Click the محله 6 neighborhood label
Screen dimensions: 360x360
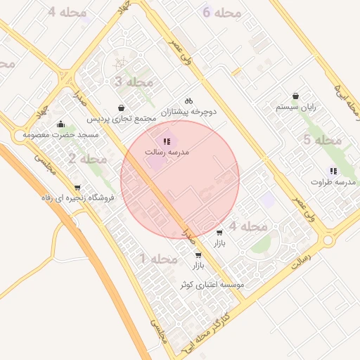(x=222, y=13)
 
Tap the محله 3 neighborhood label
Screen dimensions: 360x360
(x=134, y=82)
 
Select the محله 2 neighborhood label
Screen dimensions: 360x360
(x=88, y=160)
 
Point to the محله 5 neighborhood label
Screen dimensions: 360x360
(x=322, y=140)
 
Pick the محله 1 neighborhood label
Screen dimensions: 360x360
(x=159, y=259)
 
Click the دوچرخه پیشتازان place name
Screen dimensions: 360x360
(x=188, y=111)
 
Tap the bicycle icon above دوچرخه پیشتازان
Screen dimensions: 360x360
(x=188, y=101)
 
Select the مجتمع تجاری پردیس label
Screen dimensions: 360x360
(x=123, y=119)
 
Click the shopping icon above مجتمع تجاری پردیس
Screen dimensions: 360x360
(x=123, y=108)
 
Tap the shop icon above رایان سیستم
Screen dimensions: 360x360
(x=295, y=96)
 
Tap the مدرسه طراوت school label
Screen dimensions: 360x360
(x=332, y=182)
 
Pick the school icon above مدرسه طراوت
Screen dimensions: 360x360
(x=333, y=171)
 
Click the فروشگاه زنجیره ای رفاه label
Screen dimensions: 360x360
(x=77, y=198)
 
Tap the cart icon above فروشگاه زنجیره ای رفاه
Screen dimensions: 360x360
(x=77, y=188)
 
